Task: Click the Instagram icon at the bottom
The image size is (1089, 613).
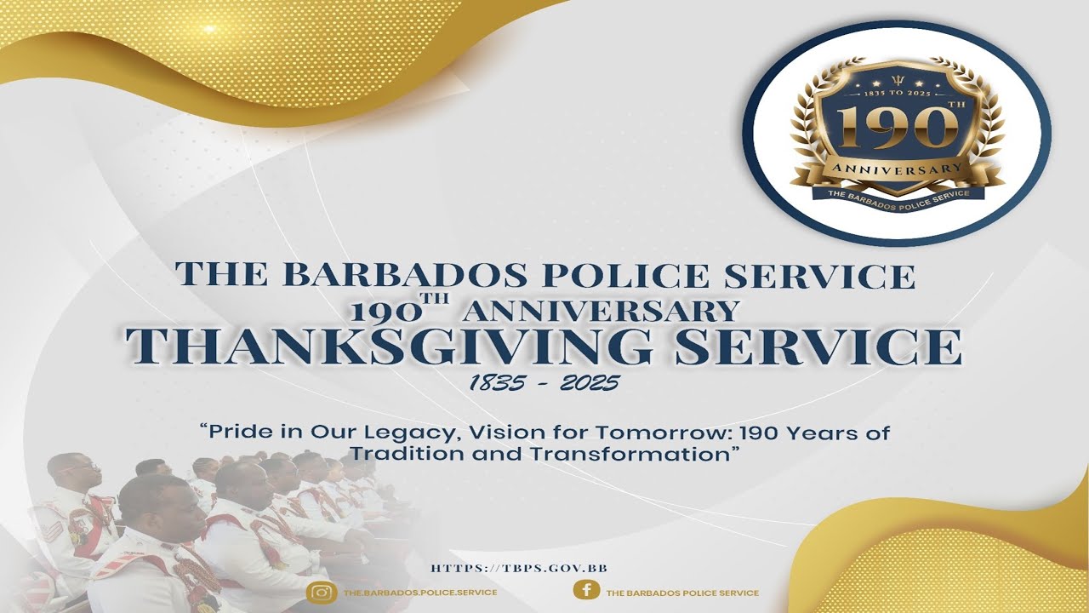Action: pyautogui.click(x=322, y=592)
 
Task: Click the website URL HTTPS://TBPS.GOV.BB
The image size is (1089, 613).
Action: pyautogui.click(x=518, y=568)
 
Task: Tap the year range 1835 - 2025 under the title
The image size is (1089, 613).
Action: pyautogui.click(x=544, y=384)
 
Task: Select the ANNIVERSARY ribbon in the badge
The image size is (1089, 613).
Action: pyautogui.click(x=898, y=169)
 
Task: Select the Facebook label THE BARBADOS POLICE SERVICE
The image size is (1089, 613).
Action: pyautogui.click(x=681, y=593)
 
